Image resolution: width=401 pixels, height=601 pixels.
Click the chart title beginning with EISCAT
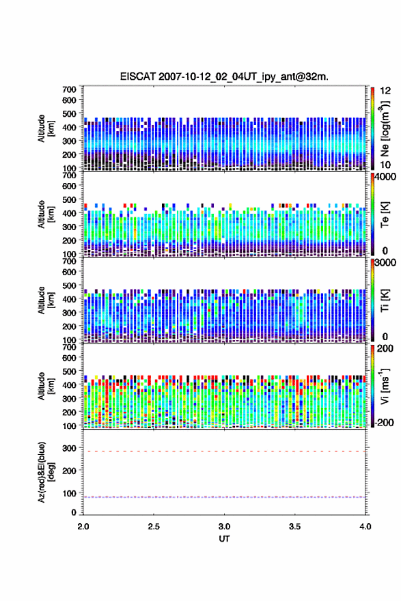(224, 76)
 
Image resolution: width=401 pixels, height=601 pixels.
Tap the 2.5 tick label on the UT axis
(154, 527)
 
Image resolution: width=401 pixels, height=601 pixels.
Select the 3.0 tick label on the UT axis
(224, 527)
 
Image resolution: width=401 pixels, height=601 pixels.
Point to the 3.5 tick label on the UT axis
(295, 527)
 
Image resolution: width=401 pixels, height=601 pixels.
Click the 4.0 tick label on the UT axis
(365, 527)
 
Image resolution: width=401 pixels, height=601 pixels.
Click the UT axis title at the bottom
(224, 539)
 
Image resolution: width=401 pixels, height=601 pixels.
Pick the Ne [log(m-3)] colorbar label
(385, 128)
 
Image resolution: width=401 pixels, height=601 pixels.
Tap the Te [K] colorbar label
(385, 214)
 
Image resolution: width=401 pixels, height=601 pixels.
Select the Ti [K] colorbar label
(385, 300)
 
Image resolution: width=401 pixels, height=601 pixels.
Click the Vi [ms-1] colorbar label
(385, 386)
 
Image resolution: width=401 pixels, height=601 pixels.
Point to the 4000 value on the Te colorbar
(385, 177)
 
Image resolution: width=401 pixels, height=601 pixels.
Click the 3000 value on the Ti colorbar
(385, 262)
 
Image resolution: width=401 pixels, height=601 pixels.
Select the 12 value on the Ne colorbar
(385, 90)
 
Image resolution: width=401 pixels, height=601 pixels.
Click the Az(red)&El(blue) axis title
(46, 472)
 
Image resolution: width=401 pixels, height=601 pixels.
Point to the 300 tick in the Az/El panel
(69, 448)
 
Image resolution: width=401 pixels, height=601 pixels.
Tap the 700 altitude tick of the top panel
(69, 89)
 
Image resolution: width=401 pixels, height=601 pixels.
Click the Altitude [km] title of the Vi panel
(46, 386)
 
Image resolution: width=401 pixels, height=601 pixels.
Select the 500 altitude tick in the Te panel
(69, 199)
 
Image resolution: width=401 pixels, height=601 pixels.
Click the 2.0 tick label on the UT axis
(83, 527)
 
